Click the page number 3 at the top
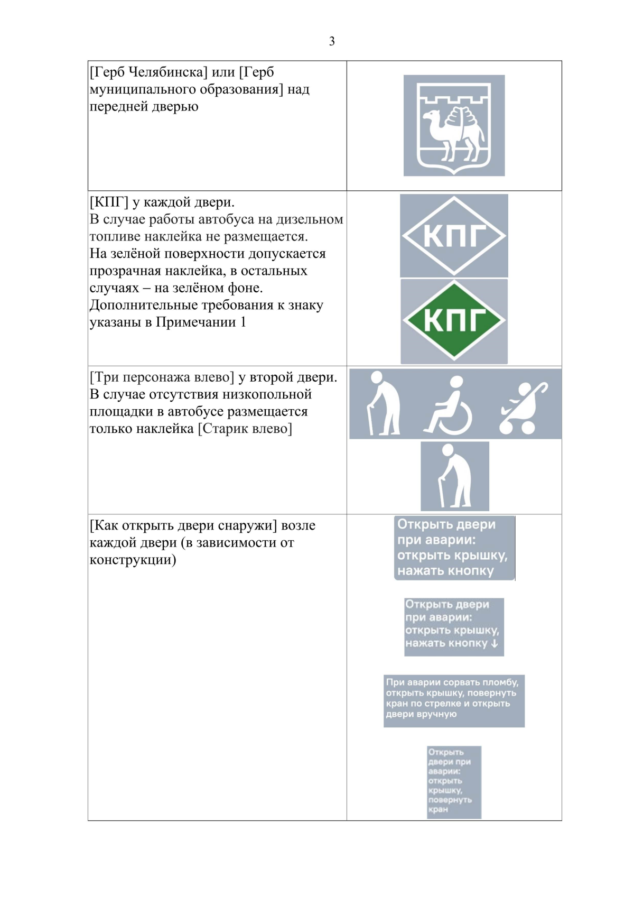coord(332,41)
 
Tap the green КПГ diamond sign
coord(454,320)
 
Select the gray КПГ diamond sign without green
coord(454,236)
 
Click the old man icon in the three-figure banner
coord(384,404)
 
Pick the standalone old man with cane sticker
coord(455,476)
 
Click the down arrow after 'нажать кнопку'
coord(495,643)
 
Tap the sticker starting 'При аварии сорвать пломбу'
coord(454,700)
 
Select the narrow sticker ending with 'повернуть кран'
coord(454,782)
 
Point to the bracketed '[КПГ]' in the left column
coord(109,202)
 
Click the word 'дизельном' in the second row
coord(310,219)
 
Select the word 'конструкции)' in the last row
coord(133,560)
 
